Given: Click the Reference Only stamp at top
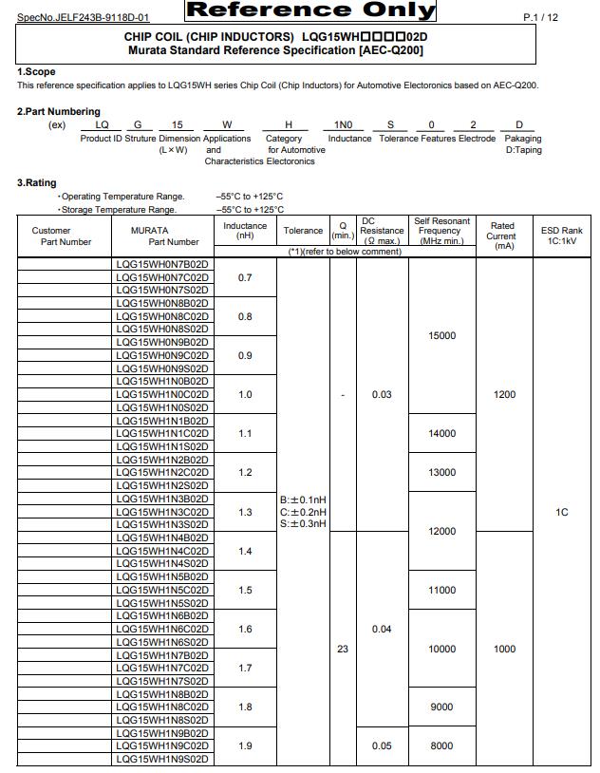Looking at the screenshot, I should tap(310, 11).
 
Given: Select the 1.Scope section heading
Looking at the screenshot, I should tap(37, 72).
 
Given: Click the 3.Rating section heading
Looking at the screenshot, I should tap(37, 182).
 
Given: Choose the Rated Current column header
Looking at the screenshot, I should tap(501, 236).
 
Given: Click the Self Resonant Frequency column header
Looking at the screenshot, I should tap(441, 231).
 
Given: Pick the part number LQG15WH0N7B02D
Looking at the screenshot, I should tap(162, 264).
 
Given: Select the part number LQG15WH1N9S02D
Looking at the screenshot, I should tap(162, 759).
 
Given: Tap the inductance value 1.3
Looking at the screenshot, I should tap(245, 512).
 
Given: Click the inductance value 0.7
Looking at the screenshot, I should tap(245, 277).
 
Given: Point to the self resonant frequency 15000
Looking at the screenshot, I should tap(441, 335).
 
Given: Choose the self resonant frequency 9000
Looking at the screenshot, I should tap(441, 707).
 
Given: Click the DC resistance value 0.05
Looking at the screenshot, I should tap(382, 745).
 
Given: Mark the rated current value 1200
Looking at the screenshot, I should tap(504, 394).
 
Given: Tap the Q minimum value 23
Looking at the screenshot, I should tap(343, 649).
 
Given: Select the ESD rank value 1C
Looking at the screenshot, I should tap(561, 512).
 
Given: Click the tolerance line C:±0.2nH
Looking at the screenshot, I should tap(303, 512).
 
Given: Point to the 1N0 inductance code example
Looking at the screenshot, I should tap(343, 125).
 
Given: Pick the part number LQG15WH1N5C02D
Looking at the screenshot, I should tap(162, 590).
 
